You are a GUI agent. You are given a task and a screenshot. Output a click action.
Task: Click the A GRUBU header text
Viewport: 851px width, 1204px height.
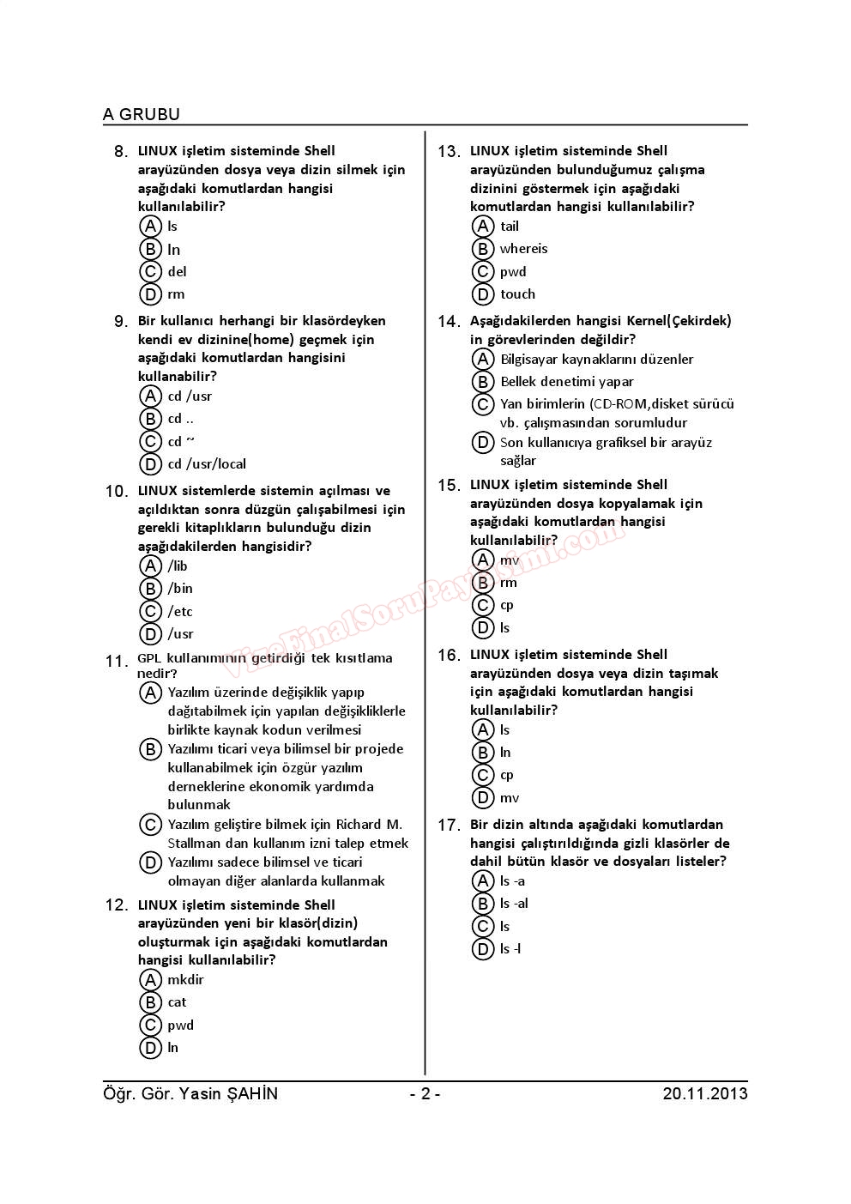142,114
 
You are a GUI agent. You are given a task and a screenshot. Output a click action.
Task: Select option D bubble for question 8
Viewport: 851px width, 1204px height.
151,294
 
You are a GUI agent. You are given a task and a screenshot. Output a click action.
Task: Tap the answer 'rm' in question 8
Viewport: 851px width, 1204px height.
176,294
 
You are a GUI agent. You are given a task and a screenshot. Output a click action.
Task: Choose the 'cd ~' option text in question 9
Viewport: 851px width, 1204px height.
181,441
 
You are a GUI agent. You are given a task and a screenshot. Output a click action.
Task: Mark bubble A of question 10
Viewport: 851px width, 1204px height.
151,566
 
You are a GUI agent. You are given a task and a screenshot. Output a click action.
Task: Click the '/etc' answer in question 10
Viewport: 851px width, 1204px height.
180,611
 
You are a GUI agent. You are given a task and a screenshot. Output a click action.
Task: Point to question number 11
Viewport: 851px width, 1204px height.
116,662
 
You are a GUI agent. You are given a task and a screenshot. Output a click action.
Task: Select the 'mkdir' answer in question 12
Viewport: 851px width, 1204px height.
185,979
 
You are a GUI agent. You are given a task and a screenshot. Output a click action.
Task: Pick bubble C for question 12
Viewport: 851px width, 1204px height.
151,1025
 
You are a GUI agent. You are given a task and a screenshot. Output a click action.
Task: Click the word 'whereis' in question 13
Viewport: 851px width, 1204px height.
523,249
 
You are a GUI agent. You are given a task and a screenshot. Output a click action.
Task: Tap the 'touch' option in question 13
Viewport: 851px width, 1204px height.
517,294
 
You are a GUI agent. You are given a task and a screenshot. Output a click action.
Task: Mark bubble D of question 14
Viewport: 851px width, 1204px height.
483,443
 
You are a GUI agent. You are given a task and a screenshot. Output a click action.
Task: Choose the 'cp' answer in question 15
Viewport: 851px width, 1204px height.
507,605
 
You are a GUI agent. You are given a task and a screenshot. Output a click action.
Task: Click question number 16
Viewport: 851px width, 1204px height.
449,656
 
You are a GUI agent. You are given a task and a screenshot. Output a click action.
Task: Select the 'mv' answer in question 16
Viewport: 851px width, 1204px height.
510,798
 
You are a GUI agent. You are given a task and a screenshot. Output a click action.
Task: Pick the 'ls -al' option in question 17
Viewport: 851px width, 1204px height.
514,904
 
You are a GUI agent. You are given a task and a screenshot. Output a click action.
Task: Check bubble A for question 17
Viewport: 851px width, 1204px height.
483,880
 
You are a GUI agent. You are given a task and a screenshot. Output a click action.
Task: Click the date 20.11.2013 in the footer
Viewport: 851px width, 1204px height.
704,1093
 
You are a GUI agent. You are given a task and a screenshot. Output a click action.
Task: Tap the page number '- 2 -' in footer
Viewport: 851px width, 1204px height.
425,1093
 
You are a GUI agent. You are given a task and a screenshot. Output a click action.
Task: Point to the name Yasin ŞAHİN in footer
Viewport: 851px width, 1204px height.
229,1093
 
